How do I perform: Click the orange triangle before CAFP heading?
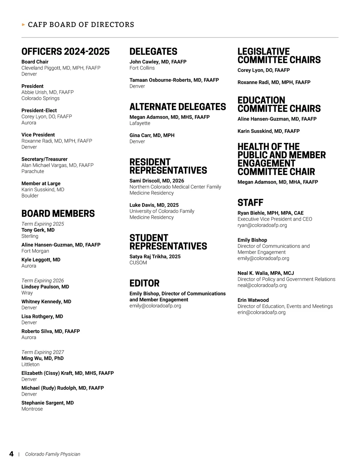(23, 25)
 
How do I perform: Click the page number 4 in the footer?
(11, 454)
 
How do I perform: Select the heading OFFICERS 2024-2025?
(65, 52)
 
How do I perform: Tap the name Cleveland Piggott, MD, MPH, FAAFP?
(61, 68)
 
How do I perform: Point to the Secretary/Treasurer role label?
(44, 159)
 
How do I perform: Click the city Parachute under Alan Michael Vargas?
(33, 171)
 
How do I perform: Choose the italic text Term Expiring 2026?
(43, 281)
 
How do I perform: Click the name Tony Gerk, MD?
(38, 230)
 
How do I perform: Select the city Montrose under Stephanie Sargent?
(32, 409)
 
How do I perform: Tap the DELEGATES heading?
(153, 52)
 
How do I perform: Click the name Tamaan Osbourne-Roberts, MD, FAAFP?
(174, 80)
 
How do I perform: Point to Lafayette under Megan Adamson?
(140, 123)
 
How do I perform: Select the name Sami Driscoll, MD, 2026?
(157, 181)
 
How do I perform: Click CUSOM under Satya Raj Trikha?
(138, 263)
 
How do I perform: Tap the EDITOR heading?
(144, 283)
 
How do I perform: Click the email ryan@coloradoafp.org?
(262, 225)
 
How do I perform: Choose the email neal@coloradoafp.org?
(262, 285)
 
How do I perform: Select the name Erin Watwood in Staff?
(253, 300)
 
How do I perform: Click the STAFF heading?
(250, 203)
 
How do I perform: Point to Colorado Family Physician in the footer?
(52, 454)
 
